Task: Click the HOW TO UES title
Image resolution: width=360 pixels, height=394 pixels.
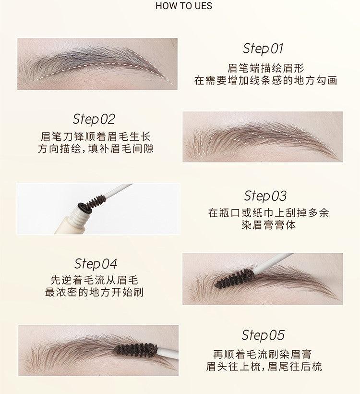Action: click(x=184, y=6)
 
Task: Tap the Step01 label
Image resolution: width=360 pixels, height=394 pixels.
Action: click(x=263, y=49)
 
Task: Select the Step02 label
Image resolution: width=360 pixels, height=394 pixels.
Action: click(x=94, y=119)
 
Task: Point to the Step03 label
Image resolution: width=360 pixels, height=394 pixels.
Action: click(x=265, y=196)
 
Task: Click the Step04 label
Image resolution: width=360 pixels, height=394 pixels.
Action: click(x=96, y=264)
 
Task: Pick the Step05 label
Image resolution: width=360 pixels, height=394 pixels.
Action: click(x=263, y=335)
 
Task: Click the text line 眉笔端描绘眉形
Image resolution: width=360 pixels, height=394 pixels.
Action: click(x=265, y=69)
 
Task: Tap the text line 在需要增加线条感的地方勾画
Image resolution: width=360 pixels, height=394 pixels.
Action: click(x=265, y=80)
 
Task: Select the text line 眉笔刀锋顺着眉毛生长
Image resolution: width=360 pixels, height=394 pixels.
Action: click(x=96, y=137)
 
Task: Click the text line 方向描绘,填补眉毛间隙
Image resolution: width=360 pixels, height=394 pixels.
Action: click(x=96, y=148)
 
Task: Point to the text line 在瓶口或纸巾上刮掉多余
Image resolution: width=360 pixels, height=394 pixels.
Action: click(x=268, y=213)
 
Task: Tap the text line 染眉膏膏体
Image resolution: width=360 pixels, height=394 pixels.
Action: click(x=268, y=224)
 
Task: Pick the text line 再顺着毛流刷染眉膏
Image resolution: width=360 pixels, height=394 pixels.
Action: click(x=262, y=355)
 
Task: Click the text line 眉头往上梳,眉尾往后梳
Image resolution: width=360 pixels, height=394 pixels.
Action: click(x=264, y=367)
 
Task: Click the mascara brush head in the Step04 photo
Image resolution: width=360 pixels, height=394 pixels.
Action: click(x=235, y=278)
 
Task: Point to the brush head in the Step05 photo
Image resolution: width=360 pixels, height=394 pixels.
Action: click(x=136, y=349)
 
